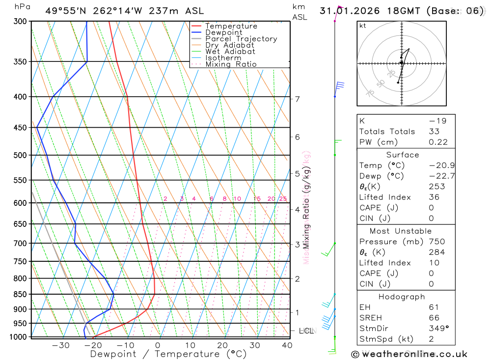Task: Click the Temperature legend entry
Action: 231,26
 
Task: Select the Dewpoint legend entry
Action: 223,32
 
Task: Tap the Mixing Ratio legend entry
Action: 231,64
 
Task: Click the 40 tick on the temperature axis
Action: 287,345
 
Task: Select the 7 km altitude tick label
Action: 297,99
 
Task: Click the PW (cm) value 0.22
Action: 438,142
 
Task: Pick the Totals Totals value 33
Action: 434,131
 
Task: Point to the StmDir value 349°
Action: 438,328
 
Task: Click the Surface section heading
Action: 402,155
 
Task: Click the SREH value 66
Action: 434,317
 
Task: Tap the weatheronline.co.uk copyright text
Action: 409,354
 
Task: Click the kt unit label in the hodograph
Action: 362,26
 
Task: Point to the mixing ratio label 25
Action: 283,199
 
